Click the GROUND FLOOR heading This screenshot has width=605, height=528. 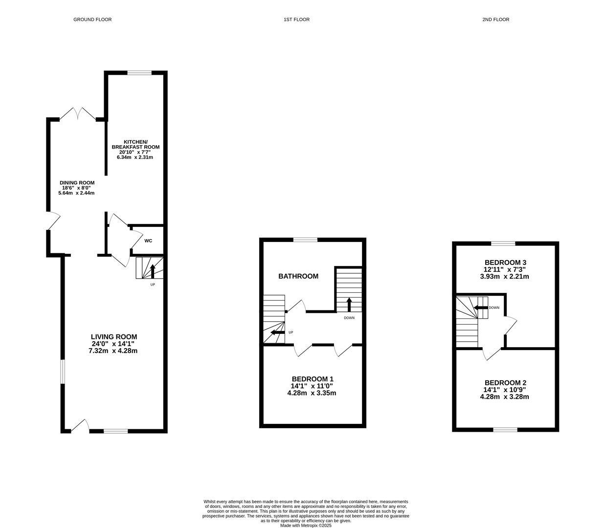click(x=92, y=20)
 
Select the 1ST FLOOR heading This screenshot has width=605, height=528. click(x=296, y=20)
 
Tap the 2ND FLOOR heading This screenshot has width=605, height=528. click(x=496, y=20)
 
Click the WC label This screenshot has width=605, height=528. click(x=148, y=241)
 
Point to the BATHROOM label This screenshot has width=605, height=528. click(x=298, y=276)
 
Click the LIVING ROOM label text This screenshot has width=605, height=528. click(x=114, y=336)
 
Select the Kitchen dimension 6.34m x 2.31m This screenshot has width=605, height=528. click(x=135, y=157)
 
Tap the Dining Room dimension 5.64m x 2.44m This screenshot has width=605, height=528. click(x=76, y=193)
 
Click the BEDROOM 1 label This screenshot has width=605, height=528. click(x=313, y=379)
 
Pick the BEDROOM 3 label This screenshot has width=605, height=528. click(x=505, y=263)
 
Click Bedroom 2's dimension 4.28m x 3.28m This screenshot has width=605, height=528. click(x=504, y=396)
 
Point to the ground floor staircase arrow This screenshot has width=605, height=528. click(x=153, y=271)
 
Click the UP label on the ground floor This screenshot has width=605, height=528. click(x=153, y=285)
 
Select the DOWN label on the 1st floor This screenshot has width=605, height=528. click(x=349, y=318)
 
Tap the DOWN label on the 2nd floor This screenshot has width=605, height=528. click(x=494, y=308)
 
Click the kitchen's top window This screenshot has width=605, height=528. click(x=139, y=73)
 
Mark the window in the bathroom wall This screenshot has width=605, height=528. click(x=305, y=240)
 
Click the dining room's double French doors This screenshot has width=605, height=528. click(x=78, y=114)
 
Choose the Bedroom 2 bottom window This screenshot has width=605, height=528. click(x=505, y=430)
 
